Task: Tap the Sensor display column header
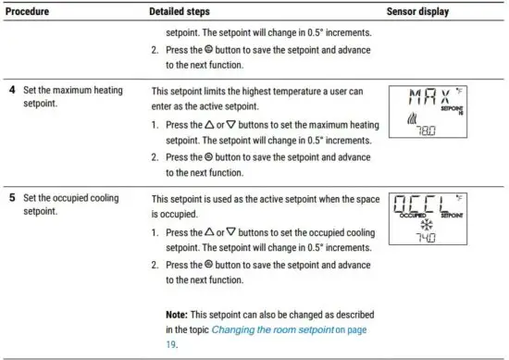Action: point(418,12)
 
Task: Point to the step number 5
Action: point(12,198)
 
